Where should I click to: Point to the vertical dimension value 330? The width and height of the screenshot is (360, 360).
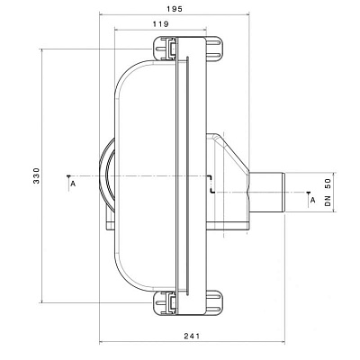point(37,175)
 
